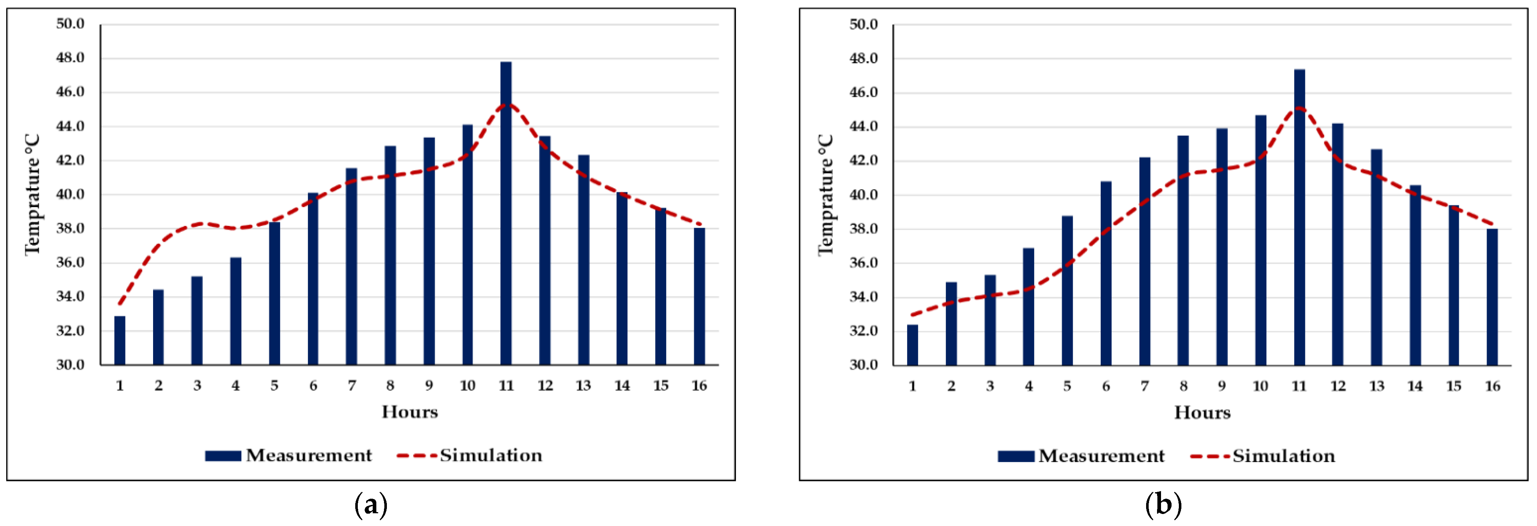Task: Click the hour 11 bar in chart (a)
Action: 506,213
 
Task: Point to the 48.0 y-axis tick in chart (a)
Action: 71,58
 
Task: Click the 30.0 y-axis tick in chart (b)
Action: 863,365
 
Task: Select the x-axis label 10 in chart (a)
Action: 467,386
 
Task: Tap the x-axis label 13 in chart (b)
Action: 1377,386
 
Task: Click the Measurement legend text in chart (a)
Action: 309,455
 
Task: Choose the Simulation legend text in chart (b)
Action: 1284,456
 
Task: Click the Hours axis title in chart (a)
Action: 410,412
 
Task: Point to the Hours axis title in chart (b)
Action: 1202,412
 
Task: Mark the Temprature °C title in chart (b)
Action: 825,195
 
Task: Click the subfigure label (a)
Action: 371,505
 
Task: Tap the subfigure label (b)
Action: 1164,505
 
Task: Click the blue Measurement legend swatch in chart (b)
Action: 1016,456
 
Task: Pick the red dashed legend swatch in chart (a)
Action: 416,455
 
